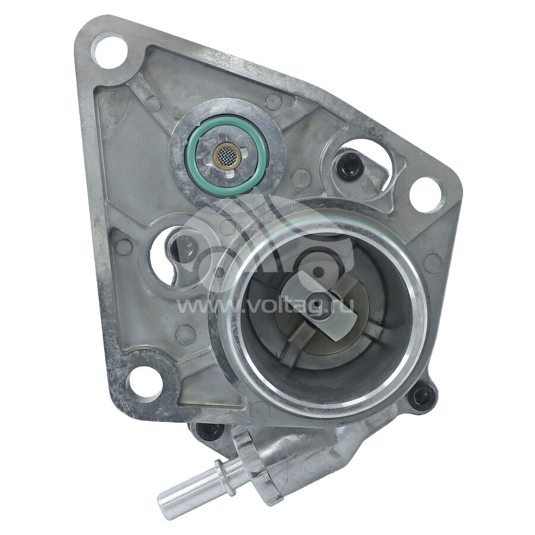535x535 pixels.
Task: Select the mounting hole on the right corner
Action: (425, 194)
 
